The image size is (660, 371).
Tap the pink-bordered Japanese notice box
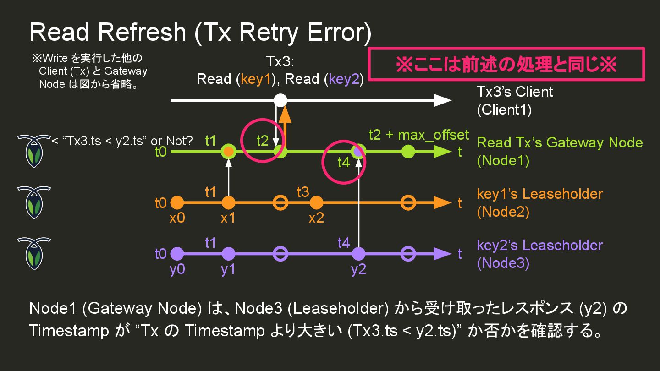pyautogui.click(x=506, y=65)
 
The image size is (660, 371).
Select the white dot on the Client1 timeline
pyautogui.click(x=280, y=100)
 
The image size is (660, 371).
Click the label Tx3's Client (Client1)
pyautogui.click(x=515, y=101)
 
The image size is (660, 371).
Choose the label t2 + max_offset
pyautogui.click(x=418, y=135)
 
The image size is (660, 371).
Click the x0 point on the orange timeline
pyautogui.click(x=177, y=202)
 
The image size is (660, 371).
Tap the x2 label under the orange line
pyautogui.click(x=316, y=218)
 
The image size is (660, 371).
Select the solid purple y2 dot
pyautogui.click(x=358, y=253)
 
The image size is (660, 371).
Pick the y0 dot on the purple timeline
pyautogui.click(x=177, y=253)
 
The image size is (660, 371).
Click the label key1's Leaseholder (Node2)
pyautogui.click(x=539, y=202)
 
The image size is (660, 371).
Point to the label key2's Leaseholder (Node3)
pyautogui.click(x=539, y=254)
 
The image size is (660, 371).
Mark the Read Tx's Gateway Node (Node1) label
pyautogui.click(x=560, y=151)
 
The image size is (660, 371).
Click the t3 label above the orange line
pyautogui.click(x=303, y=192)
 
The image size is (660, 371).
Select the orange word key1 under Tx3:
pyautogui.click(x=255, y=79)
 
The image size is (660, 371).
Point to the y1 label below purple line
pyautogui.click(x=228, y=269)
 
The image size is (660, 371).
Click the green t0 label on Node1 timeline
pyautogui.click(x=160, y=152)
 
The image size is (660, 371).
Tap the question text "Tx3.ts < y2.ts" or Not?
pyautogui.click(x=122, y=141)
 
